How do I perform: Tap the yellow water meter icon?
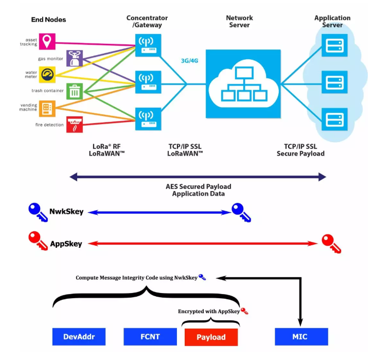click(48, 75)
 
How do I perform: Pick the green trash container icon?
click(75, 92)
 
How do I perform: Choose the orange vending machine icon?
click(48, 108)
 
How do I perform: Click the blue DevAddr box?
click(78, 337)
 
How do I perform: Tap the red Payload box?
click(211, 337)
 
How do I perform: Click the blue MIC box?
click(300, 337)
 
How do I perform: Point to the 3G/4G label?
click(189, 61)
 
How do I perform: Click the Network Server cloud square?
click(243, 83)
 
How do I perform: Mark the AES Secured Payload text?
click(198, 190)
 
